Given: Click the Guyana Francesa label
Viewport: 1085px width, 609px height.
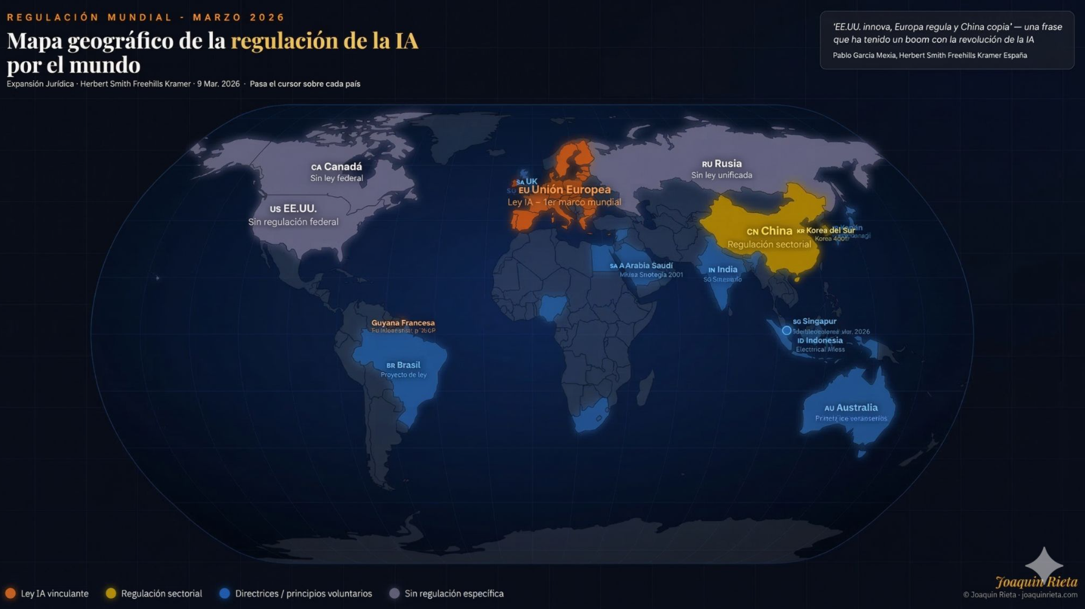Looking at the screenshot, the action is tap(403, 323).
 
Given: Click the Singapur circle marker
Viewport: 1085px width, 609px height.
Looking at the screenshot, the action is tap(787, 330).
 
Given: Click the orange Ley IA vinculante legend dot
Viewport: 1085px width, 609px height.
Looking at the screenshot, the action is tap(10, 593).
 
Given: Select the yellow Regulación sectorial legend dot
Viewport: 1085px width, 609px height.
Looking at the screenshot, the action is tap(111, 593).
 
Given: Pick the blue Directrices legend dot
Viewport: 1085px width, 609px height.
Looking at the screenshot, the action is tap(225, 593).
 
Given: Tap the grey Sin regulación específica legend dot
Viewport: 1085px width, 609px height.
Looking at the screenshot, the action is tap(395, 593).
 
